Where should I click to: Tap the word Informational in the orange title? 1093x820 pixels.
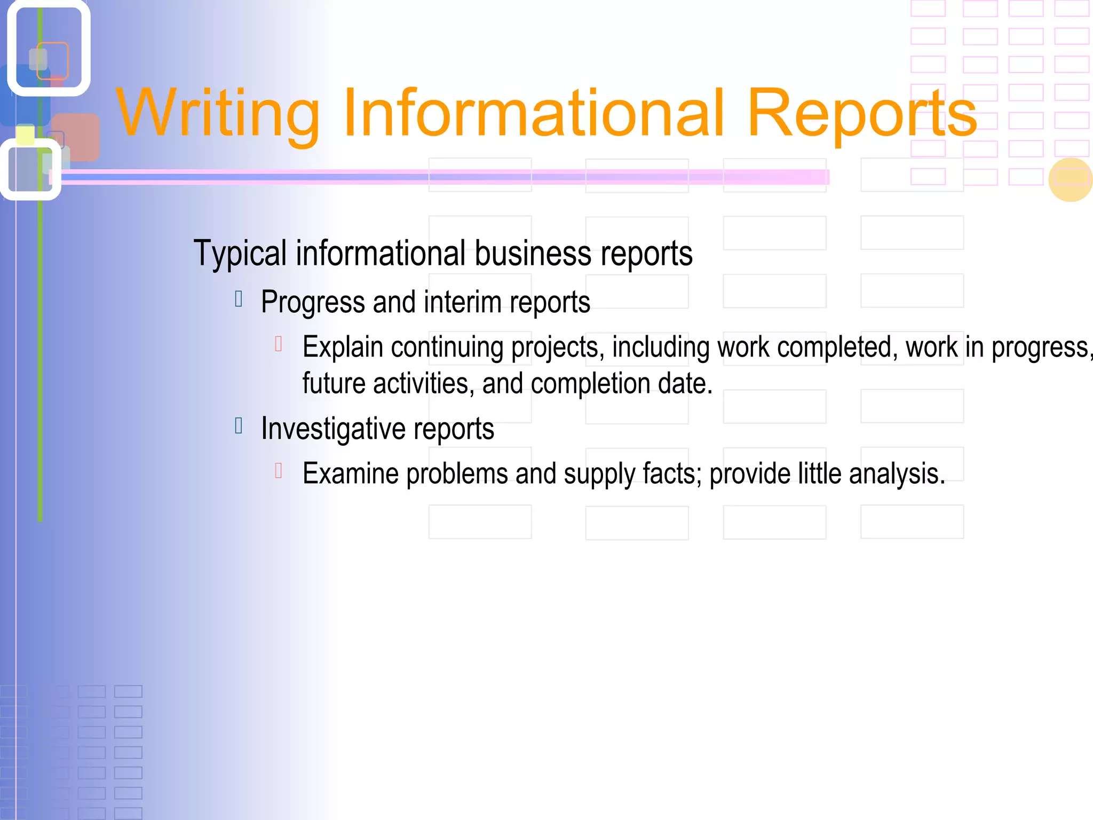(534, 113)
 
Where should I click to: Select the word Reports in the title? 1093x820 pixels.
(862, 114)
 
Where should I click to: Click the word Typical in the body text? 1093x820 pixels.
(240, 254)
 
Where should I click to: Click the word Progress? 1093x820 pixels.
(313, 303)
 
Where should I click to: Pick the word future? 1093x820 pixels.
(334, 383)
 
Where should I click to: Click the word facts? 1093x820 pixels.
(672, 474)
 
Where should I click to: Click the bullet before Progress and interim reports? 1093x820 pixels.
(239, 299)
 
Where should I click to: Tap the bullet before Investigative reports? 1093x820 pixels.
(239, 425)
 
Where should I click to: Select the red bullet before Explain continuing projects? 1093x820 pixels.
(278, 344)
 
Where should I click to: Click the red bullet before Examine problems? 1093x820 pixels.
(278, 470)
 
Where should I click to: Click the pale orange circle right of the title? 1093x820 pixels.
(1070, 180)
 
